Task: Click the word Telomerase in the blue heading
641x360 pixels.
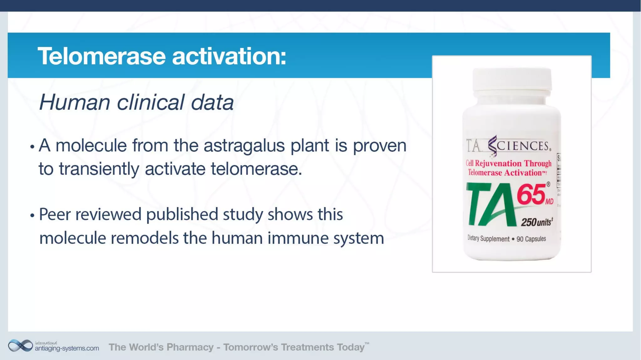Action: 101,56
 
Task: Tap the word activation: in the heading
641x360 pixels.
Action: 229,56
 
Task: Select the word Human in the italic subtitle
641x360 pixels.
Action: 74,102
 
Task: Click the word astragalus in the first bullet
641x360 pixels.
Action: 244,146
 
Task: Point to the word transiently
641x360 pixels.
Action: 99,169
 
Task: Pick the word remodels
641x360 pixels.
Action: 144,238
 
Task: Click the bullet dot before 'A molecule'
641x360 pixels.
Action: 32,147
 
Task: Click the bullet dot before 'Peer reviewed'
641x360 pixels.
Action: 32,215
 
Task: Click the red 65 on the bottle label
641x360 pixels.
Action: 531,195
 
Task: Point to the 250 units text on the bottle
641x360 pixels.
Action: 536,222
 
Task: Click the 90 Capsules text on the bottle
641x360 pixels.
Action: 531,239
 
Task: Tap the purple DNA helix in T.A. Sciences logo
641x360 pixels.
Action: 493,146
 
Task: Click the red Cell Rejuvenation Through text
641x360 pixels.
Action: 508,163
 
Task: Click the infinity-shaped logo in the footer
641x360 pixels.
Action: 20,346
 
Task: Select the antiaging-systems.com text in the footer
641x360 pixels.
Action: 67,348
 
